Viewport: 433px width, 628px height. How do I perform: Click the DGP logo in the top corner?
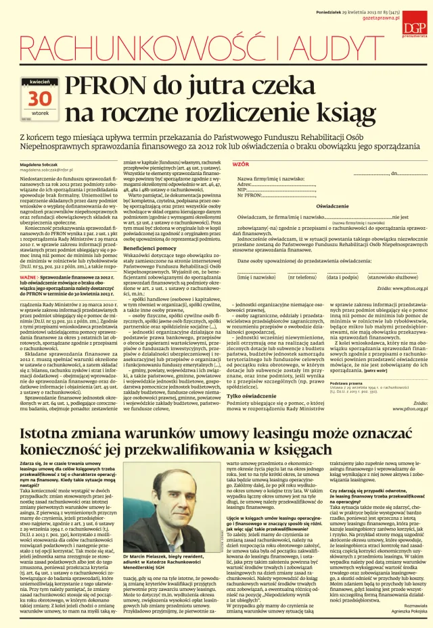411,26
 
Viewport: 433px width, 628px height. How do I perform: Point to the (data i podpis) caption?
344,277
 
